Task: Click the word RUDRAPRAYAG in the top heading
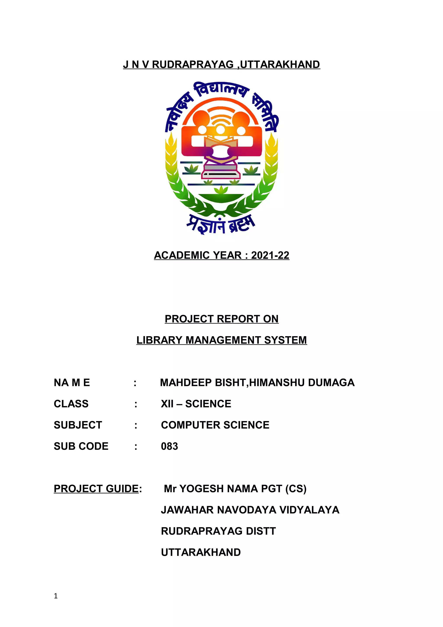[x=193, y=65]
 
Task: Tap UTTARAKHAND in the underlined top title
[x=280, y=65]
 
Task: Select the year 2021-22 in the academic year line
[x=270, y=255]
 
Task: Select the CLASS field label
[x=71, y=404]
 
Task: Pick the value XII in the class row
[x=167, y=404]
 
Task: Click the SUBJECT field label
[x=78, y=425]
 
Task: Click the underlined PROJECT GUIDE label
[x=96, y=489]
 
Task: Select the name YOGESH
[x=199, y=489]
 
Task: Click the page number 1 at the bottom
[x=56, y=596]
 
